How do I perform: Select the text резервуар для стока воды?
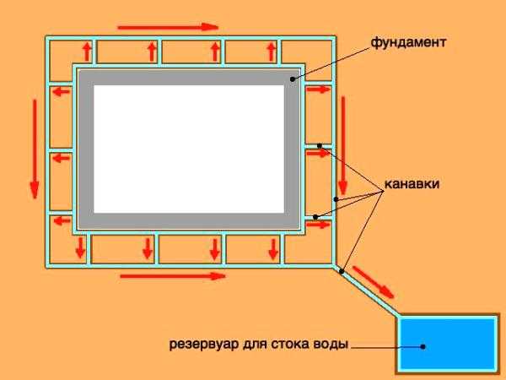(x=259, y=345)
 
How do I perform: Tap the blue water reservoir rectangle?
(x=447, y=345)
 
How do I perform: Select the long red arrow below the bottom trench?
(x=173, y=275)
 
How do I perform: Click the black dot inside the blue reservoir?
(x=423, y=345)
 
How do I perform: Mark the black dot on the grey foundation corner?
(x=293, y=79)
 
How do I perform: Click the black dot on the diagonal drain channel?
(x=342, y=271)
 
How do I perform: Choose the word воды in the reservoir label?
(x=331, y=345)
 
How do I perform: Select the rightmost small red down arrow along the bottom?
(x=273, y=247)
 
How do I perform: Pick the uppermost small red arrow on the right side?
(x=317, y=88)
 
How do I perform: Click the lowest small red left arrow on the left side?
(x=60, y=221)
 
